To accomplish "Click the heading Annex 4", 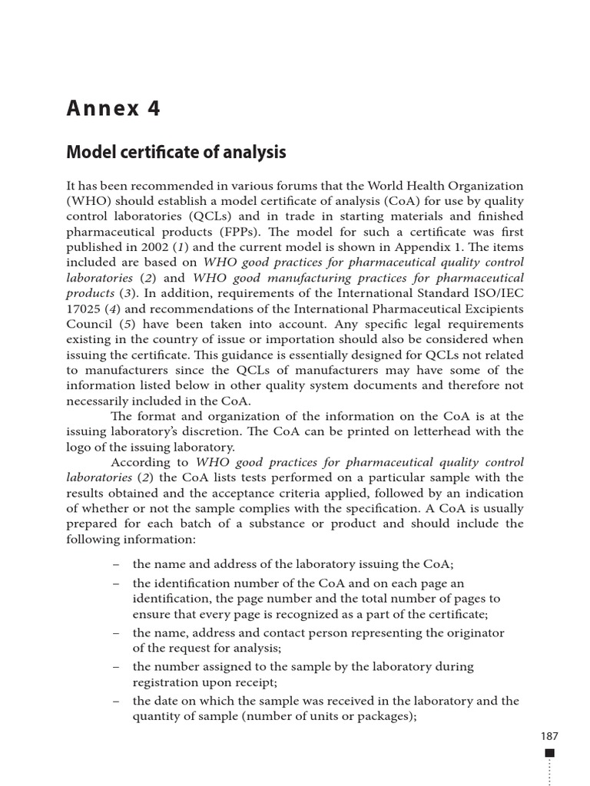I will pos(114,109).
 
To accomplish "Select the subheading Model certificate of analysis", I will pos(177,152).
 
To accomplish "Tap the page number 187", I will pos(549,736).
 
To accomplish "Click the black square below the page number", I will pos(549,753).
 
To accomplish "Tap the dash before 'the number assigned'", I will pos(115,667).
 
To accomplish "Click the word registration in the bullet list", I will pos(167,682).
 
